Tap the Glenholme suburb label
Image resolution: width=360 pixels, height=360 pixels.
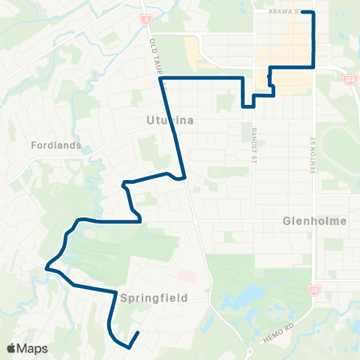[315, 221]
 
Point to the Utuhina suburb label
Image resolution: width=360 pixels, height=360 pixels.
[170, 120]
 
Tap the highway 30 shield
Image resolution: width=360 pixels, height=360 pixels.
[313, 289]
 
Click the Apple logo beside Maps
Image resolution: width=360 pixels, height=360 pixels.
[11, 348]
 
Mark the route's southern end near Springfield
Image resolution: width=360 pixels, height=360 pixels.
[139, 332]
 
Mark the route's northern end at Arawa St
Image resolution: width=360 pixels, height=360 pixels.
[313, 13]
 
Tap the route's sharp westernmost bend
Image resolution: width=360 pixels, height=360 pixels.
[46, 266]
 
